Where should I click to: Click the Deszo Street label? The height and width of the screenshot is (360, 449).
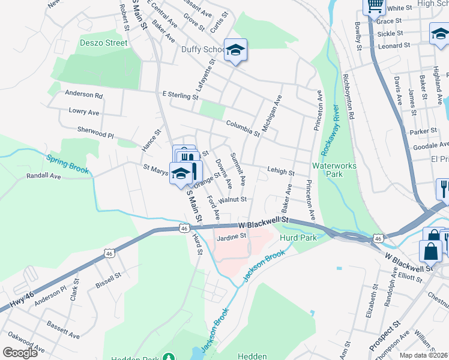click(104, 43)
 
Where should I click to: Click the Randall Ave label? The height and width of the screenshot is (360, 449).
click(43, 176)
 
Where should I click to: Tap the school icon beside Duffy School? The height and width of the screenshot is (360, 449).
click(236, 50)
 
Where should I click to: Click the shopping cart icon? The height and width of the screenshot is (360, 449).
click(375, 6)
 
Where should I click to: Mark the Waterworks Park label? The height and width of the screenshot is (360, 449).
click(334, 170)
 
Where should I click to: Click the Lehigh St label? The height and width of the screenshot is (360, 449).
click(281, 172)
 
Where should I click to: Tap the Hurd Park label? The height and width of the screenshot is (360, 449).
click(298, 238)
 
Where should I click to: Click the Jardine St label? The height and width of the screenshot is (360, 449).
click(232, 236)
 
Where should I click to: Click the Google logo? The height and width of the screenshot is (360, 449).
click(20, 353)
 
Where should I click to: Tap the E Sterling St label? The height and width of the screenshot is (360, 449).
click(180, 95)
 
